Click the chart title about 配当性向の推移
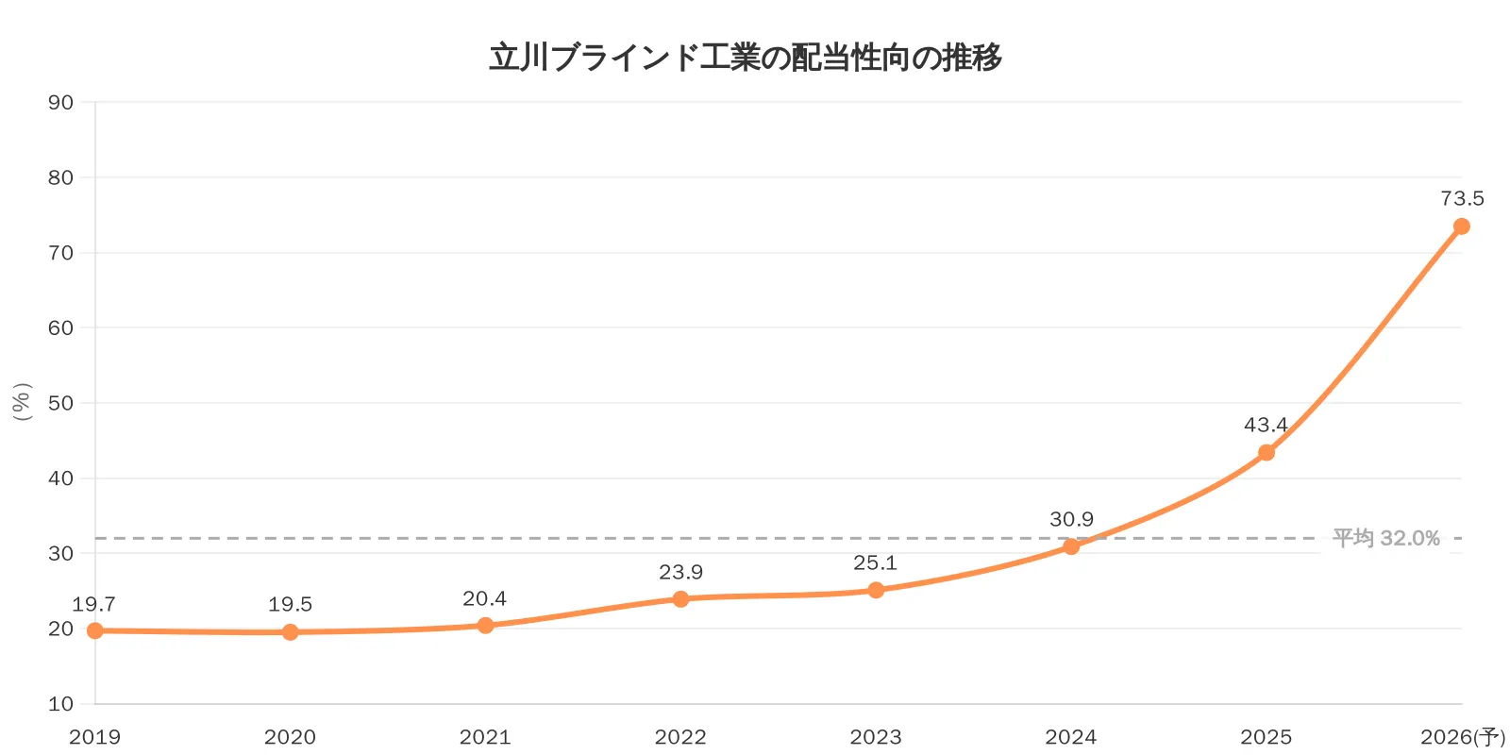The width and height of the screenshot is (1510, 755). click(x=746, y=58)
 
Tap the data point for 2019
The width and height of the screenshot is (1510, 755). click(x=95, y=630)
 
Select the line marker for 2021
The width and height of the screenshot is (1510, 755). click(x=485, y=625)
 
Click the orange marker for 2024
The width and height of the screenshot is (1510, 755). click(x=1071, y=546)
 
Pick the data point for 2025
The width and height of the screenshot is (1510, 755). click(x=1267, y=452)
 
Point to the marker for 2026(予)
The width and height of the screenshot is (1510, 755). click(x=1461, y=226)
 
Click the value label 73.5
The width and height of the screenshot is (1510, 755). click(x=1462, y=198)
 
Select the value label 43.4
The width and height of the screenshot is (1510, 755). click(x=1266, y=425)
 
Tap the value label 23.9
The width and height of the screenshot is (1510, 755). click(x=680, y=572)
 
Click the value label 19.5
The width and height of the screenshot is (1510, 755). click(x=290, y=604)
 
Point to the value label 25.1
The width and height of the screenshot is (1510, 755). click(x=875, y=562)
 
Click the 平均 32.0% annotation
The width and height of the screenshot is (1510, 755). click(x=1385, y=538)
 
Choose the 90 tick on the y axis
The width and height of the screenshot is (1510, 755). click(x=60, y=102)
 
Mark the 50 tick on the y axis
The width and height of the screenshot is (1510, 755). click(x=60, y=403)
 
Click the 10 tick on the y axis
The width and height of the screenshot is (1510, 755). click(x=60, y=703)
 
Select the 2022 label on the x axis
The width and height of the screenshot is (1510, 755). click(x=680, y=737)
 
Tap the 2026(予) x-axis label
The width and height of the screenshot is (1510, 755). click(x=1462, y=737)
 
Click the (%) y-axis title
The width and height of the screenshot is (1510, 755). click(x=23, y=402)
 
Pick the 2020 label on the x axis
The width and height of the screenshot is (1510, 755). click(x=290, y=737)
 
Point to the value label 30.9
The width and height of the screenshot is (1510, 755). click(x=1071, y=519)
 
